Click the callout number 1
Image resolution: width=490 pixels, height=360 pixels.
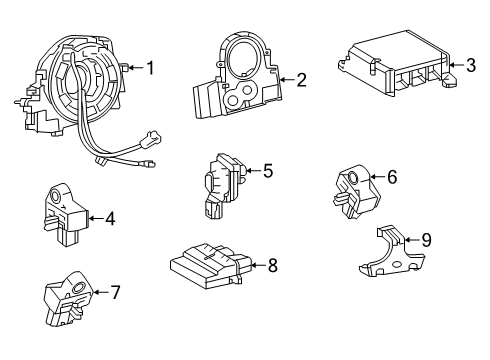point(150,68)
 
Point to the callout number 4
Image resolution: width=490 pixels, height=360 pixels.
point(110,216)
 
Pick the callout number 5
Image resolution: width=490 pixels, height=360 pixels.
point(267,171)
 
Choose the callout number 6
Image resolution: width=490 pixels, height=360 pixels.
point(391,177)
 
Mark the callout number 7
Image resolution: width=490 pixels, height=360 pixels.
point(115,293)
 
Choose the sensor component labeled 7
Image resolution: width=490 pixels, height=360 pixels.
point(70,296)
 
